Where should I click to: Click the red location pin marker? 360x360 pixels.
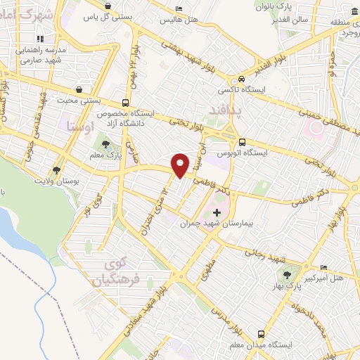(181, 165)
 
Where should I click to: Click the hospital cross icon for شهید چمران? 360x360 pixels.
(217, 212)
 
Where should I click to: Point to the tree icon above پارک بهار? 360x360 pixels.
(287, 274)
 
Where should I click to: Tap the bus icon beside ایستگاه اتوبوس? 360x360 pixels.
(242, 140)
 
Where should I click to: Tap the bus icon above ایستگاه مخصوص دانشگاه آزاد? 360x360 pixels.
(125, 102)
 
